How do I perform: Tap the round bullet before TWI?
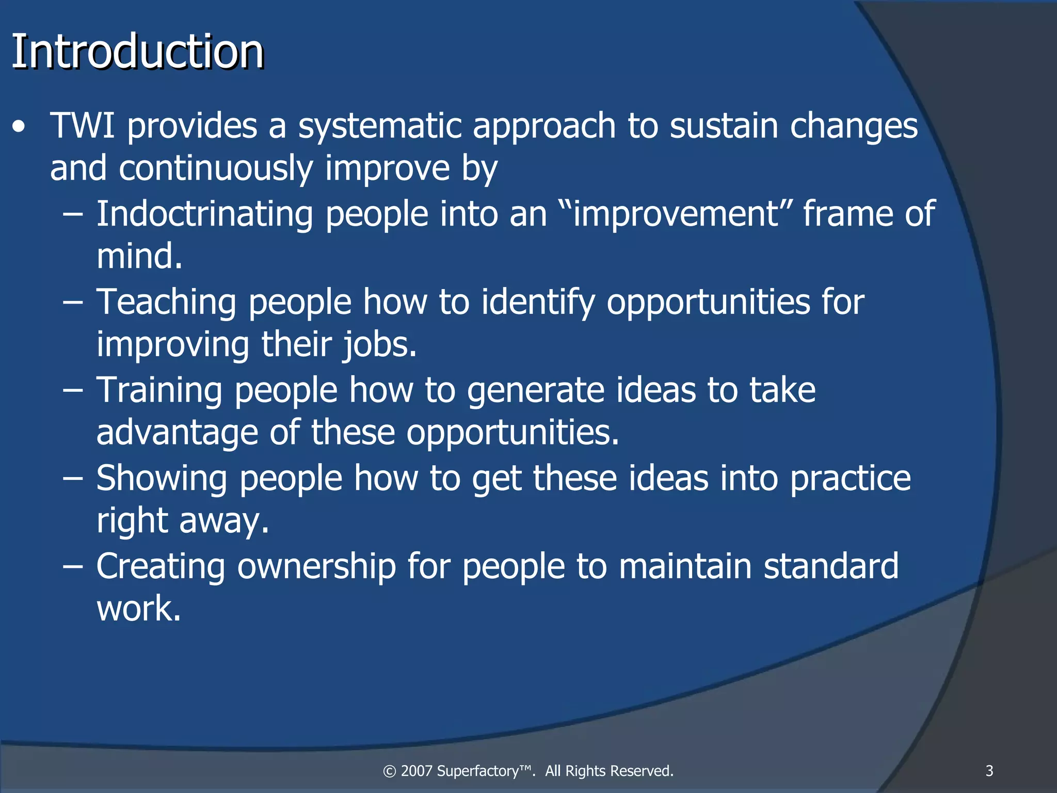19,127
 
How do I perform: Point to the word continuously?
216,168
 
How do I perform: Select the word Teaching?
166,303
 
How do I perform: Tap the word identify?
538,303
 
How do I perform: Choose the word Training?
159,390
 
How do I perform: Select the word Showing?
161,479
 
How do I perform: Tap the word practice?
850,479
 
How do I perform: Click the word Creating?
161,566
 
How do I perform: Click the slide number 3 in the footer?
989,771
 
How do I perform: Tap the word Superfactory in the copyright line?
484,771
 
